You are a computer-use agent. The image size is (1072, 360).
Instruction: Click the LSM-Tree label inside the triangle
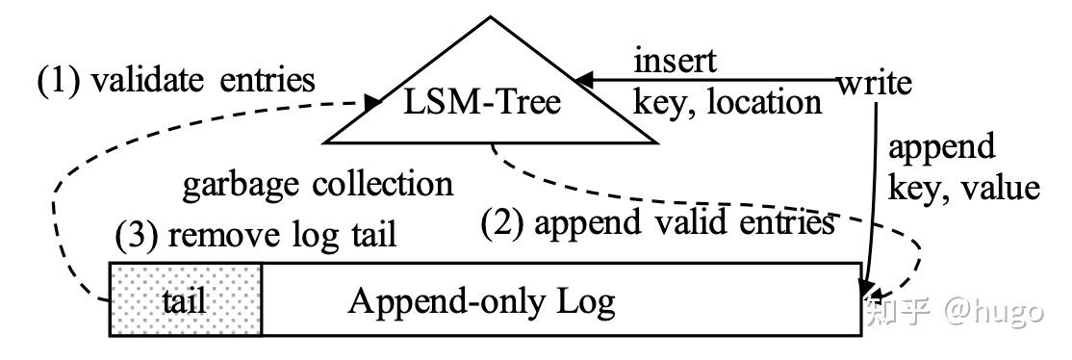click(x=480, y=101)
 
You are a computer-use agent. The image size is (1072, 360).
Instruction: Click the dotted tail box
click(x=187, y=299)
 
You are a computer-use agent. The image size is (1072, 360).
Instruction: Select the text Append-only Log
click(x=481, y=301)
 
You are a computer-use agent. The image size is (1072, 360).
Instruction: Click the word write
click(x=874, y=83)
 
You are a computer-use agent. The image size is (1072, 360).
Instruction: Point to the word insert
click(x=675, y=62)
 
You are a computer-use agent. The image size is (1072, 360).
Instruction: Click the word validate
click(x=146, y=81)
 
